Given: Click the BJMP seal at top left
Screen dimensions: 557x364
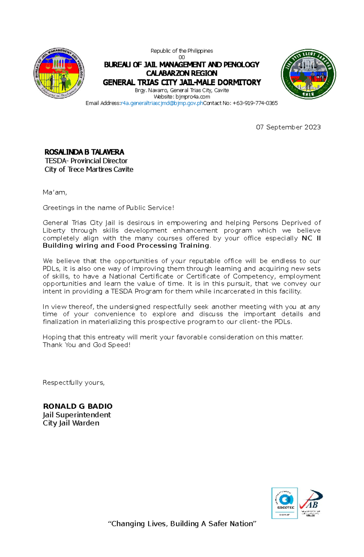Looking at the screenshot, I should [x=59, y=73].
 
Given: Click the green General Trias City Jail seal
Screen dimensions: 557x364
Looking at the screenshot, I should [x=308, y=74].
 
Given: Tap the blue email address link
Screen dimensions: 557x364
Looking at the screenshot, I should [x=162, y=103].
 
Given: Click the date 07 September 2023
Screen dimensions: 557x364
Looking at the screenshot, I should [x=288, y=127].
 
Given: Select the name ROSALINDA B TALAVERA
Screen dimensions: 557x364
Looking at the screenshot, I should [x=84, y=152].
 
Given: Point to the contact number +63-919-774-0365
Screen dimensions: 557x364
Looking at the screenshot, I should [x=255, y=103].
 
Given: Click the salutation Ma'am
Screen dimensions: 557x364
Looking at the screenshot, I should [x=55, y=192].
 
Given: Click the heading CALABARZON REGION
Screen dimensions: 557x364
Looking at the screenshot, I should [x=182, y=73].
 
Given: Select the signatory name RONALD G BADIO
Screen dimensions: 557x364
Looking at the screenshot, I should [x=78, y=406].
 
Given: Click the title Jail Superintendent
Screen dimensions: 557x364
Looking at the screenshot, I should [x=77, y=415].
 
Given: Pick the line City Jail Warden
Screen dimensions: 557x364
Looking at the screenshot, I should [x=71, y=423].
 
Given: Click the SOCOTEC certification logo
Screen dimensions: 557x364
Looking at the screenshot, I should [x=285, y=503].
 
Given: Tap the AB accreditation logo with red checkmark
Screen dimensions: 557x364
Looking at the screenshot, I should [x=311, y=502].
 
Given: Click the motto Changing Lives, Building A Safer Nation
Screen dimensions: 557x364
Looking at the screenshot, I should [x=182, y=524].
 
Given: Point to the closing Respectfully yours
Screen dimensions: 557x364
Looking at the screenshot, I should [x=73, y=382].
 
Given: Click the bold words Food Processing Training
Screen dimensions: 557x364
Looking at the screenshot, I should [x=163, y=246].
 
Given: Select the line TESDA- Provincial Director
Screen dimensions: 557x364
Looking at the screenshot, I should [x=86, y=161].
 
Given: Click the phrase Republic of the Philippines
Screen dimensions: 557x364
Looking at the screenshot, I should [x=182, y=51].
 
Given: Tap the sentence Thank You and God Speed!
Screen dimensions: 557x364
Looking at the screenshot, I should [x=86, y=345].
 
